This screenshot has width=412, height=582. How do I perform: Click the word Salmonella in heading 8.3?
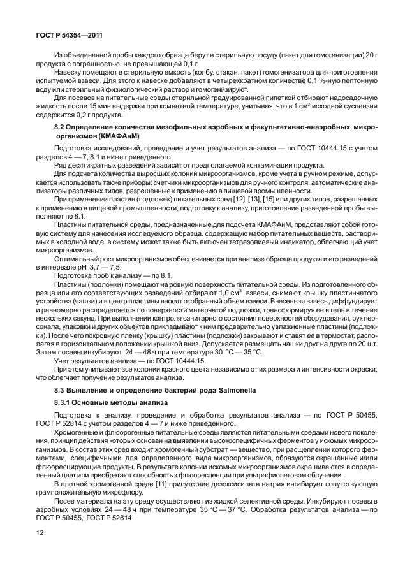[232, 389]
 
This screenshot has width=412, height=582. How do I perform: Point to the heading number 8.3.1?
[64, 403]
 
